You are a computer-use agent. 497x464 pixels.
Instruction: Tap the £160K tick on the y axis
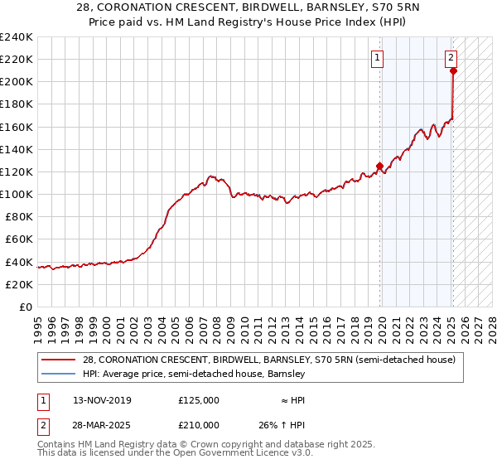[17, 127]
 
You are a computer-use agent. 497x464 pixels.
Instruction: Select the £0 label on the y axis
[26, 307]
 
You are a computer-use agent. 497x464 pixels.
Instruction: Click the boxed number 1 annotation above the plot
[377, 58]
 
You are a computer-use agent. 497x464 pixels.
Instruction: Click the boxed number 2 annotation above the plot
[450, 58]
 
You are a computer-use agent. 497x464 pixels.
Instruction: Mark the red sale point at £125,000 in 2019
[380, 166]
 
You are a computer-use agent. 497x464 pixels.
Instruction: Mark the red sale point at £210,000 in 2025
[454, 71]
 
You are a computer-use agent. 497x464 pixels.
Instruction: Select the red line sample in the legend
[60, 360]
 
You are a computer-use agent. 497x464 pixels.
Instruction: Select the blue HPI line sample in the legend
[60, 375]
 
